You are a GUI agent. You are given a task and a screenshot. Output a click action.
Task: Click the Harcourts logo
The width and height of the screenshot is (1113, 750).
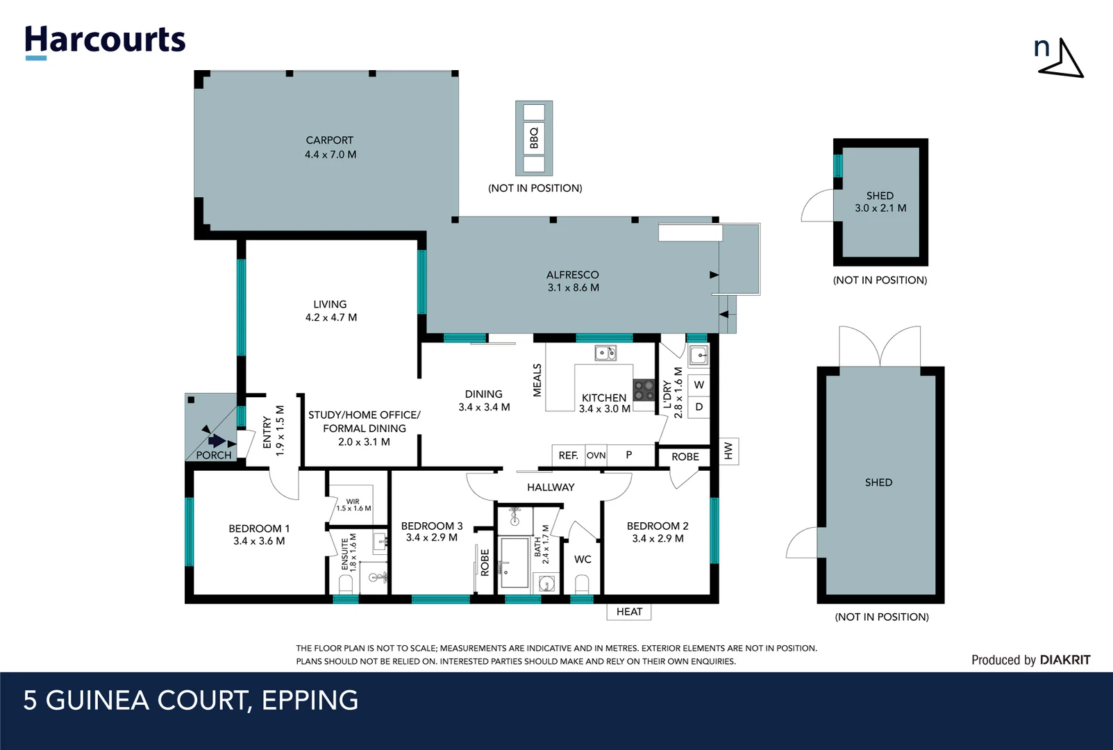[105, 42]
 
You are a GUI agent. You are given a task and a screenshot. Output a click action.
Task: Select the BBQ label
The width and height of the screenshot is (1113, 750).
[534, 137]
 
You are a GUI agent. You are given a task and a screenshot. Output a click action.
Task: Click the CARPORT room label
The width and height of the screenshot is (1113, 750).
[329, 140]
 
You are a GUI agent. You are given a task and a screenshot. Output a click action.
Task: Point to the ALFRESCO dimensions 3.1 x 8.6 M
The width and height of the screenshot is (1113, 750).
[574, 287]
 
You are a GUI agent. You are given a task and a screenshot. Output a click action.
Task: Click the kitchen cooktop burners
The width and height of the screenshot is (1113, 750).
[644, 390]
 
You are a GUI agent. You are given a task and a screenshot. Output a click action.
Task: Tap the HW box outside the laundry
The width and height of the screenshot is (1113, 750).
[729, 451]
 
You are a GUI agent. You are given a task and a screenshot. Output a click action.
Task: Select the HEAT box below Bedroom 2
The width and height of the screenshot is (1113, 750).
[629, 612]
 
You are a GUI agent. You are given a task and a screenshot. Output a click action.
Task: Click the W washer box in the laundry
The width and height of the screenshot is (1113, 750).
[699, 385]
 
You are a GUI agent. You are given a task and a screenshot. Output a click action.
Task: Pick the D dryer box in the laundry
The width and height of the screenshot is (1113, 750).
[699, 407]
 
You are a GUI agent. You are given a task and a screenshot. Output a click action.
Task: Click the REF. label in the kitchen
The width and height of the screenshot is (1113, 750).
[569, 456]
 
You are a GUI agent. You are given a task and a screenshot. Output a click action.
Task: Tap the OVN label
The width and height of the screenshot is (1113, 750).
[596, 456]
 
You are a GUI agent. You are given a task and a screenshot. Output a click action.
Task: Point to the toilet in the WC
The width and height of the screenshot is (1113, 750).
[582, 584]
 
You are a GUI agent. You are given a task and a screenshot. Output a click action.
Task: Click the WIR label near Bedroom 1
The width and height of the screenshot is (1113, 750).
[353, 501]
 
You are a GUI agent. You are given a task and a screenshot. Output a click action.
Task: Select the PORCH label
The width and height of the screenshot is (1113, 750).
[214, 456]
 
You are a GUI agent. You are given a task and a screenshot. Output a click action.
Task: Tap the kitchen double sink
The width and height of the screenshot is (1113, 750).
[605, 353]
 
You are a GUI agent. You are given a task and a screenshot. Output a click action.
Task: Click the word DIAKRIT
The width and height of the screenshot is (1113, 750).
[1065, 660]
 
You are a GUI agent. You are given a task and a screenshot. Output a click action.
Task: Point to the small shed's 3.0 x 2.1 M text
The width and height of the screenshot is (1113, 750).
[880, 208]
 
